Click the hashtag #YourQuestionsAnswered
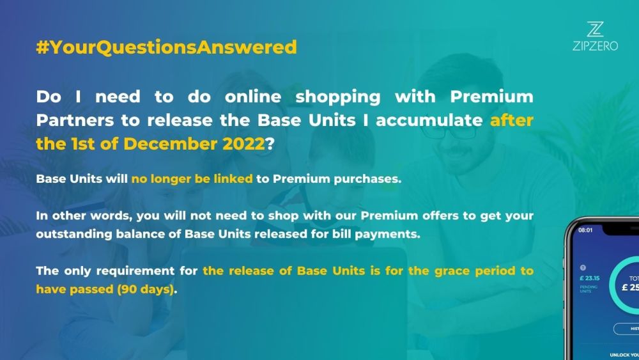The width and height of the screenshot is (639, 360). [x=166, y=47]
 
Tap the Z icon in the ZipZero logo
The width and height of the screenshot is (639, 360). [x=595, y=29]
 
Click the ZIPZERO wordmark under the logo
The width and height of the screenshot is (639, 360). [x=595, y=45]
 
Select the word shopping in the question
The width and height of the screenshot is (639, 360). [x=338, y=98]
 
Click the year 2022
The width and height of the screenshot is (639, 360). [x=243, y=144]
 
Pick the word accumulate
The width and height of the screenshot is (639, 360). [x=429, y=121]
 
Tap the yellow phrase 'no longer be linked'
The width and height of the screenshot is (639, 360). [x=192, y=179]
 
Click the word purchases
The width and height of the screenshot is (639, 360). [x=367, y=180]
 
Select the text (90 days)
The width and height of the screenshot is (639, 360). [x=146, y=290]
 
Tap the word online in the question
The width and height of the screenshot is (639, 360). [x=253, y=97]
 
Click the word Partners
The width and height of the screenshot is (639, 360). [x=75, y=121]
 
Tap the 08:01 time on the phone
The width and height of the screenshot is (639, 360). [x=585, y=230]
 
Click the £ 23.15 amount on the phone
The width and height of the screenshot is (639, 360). [x=589, y=278]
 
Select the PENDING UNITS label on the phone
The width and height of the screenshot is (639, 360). [x=588, y=289]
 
